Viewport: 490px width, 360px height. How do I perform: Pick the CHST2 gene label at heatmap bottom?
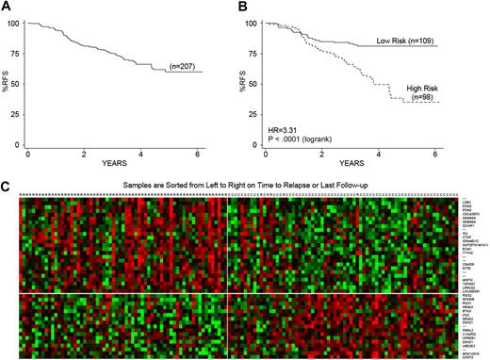tap(465, 354)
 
